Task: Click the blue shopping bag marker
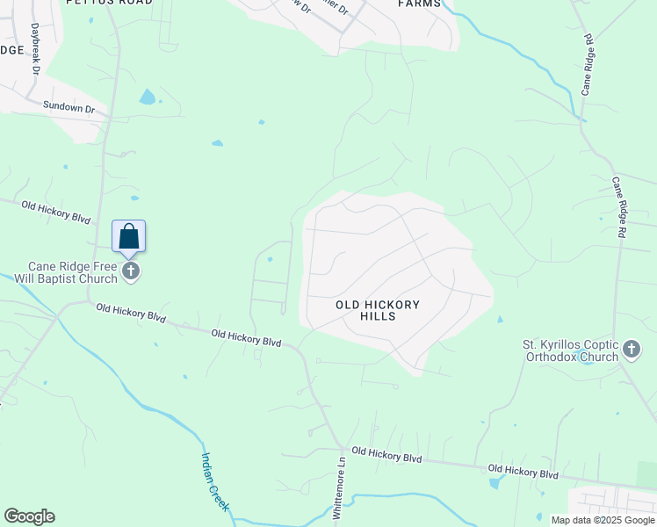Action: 128,237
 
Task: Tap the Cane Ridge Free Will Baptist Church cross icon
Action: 131,271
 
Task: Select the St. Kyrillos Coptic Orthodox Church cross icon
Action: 632,350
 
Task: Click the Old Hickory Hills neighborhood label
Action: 378,310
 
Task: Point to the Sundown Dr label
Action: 69,107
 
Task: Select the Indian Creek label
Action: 215,481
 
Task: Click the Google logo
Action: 29,516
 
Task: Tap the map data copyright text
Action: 602,520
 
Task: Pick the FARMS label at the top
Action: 419,4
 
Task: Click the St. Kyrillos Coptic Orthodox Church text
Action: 571,350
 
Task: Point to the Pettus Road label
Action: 109,3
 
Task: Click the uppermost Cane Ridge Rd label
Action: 588,65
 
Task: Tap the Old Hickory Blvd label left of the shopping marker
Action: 57,212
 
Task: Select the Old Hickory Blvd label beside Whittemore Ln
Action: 386,454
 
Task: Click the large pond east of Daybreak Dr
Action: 148,97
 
